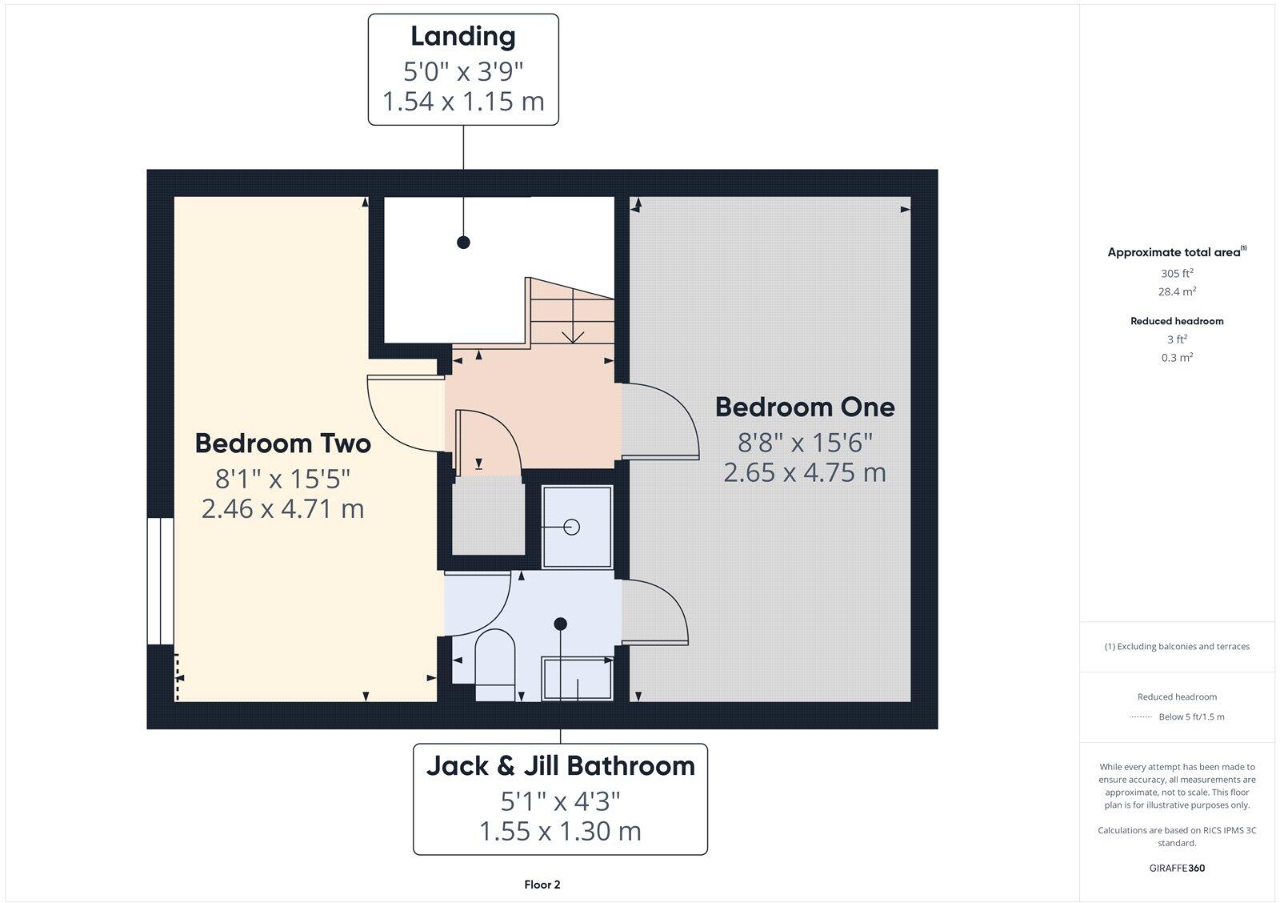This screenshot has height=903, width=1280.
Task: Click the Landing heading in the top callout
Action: [x=462, y=36]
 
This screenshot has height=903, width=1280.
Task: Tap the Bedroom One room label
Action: [x=804, y=407]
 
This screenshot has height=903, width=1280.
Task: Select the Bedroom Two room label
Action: [x=282, y=443]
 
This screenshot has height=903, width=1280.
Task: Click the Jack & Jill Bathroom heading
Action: [x=560, y=766]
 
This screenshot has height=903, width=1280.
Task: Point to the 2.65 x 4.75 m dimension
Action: [x=804, y=472]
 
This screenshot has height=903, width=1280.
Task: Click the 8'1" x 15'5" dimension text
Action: [x=282, y=479]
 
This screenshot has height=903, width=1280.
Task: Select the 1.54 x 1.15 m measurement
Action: [x=462, y=102]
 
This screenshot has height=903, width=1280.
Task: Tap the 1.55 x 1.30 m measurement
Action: [x=560, y=831]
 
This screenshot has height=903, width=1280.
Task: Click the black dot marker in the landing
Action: [x=463, y=242]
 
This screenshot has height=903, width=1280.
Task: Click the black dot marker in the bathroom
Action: [x=561, y=624]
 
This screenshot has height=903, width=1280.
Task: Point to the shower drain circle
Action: [x=572, y=527]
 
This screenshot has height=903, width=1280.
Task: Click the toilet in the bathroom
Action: [x=494, y=660]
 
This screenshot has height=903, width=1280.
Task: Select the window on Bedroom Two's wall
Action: [x=160, y=581]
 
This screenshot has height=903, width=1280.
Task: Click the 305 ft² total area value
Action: [x=1177, y=273]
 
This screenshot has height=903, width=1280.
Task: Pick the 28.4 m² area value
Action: [x=1177, y=292]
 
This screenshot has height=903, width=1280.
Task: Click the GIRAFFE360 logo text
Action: [x=1177, y=868]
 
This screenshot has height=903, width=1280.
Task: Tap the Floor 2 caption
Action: [x=542, y=885]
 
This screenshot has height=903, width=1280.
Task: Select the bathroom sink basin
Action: [x=578, y=679]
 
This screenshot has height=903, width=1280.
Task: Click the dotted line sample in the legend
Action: [x=1140, y=717]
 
